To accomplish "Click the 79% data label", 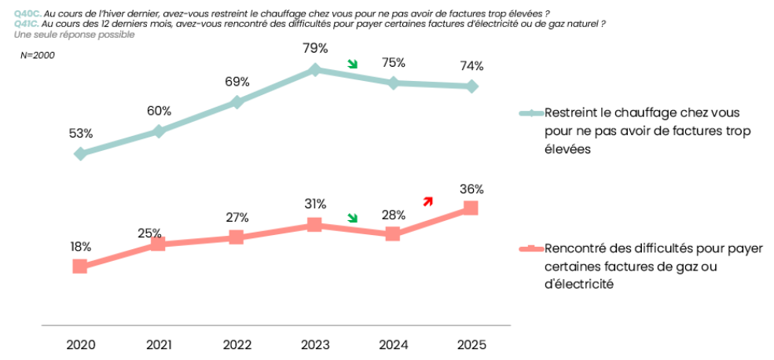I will tap(314, 48).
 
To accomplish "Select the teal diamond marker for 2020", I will tap(80, 153).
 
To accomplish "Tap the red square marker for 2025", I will tap(471, 208).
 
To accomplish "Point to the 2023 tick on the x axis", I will tap(314, 344).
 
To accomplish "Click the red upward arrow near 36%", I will tap(427, 201).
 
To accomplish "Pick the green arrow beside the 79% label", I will tap(353, 64).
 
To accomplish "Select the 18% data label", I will tap(80, 246).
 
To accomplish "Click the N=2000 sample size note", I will tap(37, 55).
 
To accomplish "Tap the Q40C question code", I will tap(28, 13).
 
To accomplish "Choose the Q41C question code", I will tap(28, 24).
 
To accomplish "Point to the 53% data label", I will tap(81, 134).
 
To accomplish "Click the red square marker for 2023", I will tap(314, 225).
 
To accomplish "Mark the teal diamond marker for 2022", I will tap(237, 102).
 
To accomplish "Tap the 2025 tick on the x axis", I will tap(471, 344).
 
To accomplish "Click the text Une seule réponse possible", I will tap(69, 35).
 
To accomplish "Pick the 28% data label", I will tap(393, 215).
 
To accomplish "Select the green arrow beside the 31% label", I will tap(353, 218).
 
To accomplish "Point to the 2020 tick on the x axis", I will tap(80, 344).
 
